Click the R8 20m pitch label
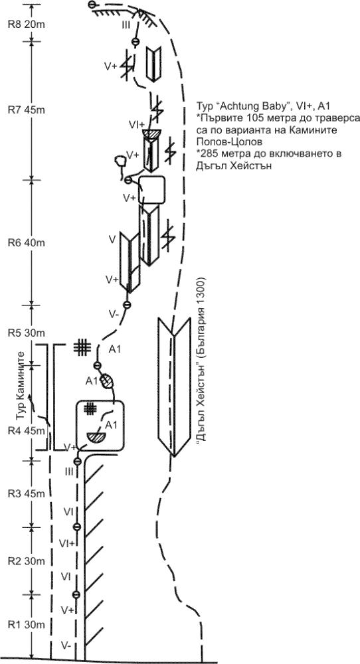[x=27, y=24]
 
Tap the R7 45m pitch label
[x=27, y=110]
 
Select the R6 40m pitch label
[x=27, y=243]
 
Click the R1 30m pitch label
[x=27, y=625]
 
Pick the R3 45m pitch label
[x=27, y=494]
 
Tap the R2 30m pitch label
[x=27, y=560]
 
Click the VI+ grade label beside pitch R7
[x=137, y=124]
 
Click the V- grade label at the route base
[x=66, y=645]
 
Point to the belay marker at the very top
[x=92, y=5]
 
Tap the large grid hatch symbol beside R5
[x=82, y=347]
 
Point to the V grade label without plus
[x=112, y=240]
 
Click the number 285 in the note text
[x=207, y=153]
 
